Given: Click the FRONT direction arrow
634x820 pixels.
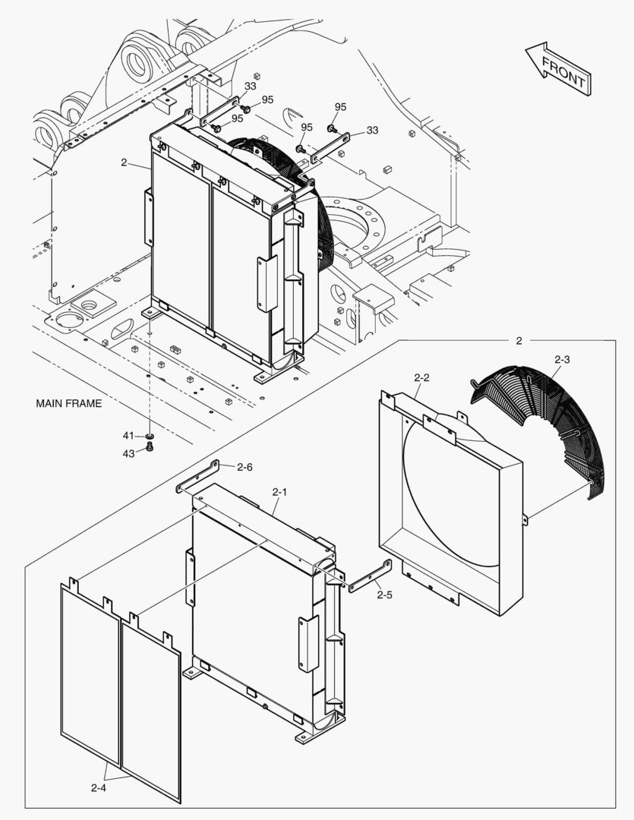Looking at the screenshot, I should point(558,68).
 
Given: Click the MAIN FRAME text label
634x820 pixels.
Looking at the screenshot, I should point(68,403).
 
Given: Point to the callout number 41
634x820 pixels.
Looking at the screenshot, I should point(128,435).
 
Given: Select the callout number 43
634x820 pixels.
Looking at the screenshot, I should point(128,453).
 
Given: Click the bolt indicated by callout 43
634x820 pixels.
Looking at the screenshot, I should point(150,448).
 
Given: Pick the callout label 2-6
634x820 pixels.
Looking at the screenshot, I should point(244,467).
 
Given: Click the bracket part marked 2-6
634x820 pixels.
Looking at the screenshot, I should point(197,476).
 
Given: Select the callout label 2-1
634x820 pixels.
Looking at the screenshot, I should point(279,492).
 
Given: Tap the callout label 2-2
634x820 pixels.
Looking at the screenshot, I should point(422,377).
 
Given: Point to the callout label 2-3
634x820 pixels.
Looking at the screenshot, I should point(562,358).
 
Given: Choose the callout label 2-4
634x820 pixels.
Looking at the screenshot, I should point(98,788).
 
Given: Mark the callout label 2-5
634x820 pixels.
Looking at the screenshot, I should point(384,594).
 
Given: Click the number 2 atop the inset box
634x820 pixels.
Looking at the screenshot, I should point(519,341).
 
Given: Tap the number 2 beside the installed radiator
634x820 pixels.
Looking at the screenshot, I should point(123,162).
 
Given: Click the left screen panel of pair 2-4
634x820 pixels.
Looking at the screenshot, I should point(90,672).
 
